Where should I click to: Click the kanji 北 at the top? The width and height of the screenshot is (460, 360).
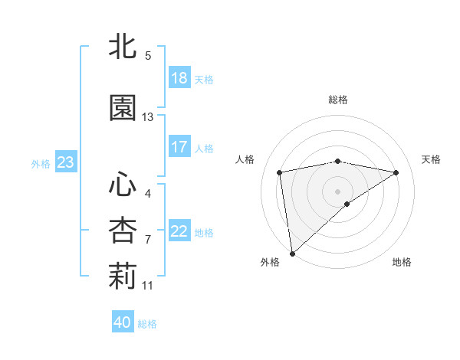click(123, 46)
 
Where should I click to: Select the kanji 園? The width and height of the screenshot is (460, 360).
click(123, 108)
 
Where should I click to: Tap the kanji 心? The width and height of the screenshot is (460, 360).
click(123, 184)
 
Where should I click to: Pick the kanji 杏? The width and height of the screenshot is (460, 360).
click(123, 231)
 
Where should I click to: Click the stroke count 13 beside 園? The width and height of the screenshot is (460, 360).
click(148, 117)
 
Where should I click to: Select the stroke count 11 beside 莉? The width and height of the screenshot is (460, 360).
click(148, 286)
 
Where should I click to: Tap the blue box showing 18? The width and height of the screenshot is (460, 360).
click(179, 78)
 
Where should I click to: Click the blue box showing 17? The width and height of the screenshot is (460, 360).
click(179, 147)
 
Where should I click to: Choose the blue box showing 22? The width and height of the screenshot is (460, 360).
click(179, 231)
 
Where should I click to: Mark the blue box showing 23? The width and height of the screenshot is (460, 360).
click(65, 162)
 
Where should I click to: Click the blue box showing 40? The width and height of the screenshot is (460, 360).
click(123, 322)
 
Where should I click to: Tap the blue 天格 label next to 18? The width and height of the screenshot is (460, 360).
click(204, 80)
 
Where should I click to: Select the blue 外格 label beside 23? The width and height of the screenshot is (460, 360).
click(41, 163)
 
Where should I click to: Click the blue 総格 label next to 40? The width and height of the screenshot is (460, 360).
click(147, 324)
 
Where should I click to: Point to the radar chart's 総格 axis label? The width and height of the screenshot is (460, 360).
click(337, 100)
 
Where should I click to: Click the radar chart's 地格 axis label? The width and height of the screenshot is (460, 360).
click(402, 262)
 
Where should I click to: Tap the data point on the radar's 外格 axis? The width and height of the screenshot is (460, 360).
click(291, 253)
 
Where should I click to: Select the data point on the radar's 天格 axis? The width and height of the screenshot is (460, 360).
click(396, 172)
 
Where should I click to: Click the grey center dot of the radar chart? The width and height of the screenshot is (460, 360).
click(337, 191)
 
